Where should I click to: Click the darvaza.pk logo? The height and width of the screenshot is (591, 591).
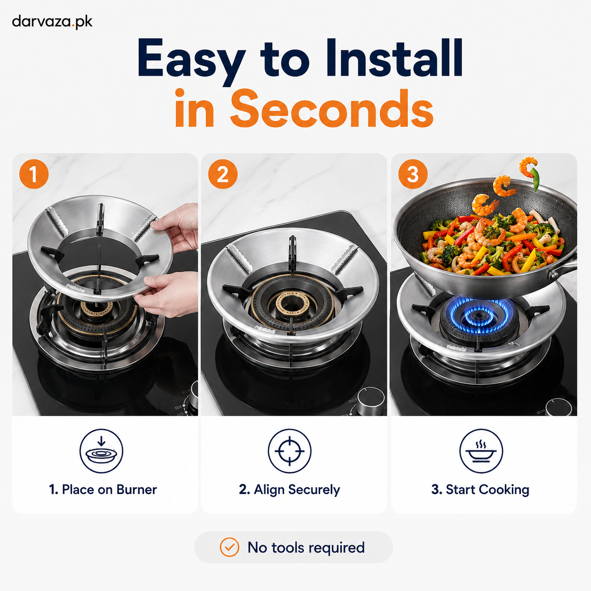(x=52, y=22)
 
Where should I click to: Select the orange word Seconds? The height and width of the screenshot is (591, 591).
(x=331, y=108)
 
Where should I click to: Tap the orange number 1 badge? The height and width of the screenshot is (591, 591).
(x=34, y=174)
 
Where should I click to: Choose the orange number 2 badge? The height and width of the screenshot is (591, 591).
(x=223, y=174)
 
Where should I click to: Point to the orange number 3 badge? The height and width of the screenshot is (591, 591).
(x=413, y=174)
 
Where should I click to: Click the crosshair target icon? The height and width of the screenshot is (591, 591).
(x=289, y=451)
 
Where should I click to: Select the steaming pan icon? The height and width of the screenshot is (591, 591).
(x=481, y=451)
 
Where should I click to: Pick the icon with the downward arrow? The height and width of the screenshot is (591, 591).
(x=101, y=451)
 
